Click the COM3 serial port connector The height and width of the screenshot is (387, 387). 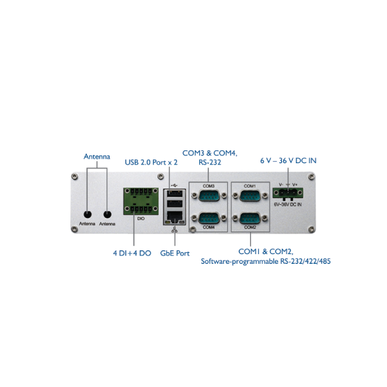[x=209, y=195]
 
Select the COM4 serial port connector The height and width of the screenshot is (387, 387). [x=209, y=218]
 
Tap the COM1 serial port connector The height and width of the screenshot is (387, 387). [x=250, y=195]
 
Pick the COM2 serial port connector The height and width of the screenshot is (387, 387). [x=250, y=218]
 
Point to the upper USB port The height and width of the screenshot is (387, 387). [x=175, y=193]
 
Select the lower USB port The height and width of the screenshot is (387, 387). [x=175, y=204]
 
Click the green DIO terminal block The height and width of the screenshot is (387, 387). [x=141, y=201]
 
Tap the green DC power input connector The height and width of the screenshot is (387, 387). [x=288, y=193]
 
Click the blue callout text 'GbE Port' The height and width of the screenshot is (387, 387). [x=175, y=253]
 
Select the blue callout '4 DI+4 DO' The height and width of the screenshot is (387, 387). [x=132, y=253]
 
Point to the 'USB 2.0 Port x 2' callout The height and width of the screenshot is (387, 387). [x=151, y=162]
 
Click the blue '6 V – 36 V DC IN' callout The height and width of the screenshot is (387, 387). [x=288, y=161]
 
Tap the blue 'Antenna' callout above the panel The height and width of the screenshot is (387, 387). [x=97, y=157]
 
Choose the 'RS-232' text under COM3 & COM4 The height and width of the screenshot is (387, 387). [x=210, y=163]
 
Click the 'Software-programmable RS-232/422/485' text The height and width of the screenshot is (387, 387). [x=266, y=261]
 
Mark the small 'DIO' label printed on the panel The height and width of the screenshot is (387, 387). [x=141, y=219]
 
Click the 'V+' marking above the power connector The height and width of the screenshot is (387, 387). [x=295, y=184]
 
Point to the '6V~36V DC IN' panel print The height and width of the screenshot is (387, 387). [x=288, y=204]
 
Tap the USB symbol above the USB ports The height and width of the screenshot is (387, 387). [x=174, y=185]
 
